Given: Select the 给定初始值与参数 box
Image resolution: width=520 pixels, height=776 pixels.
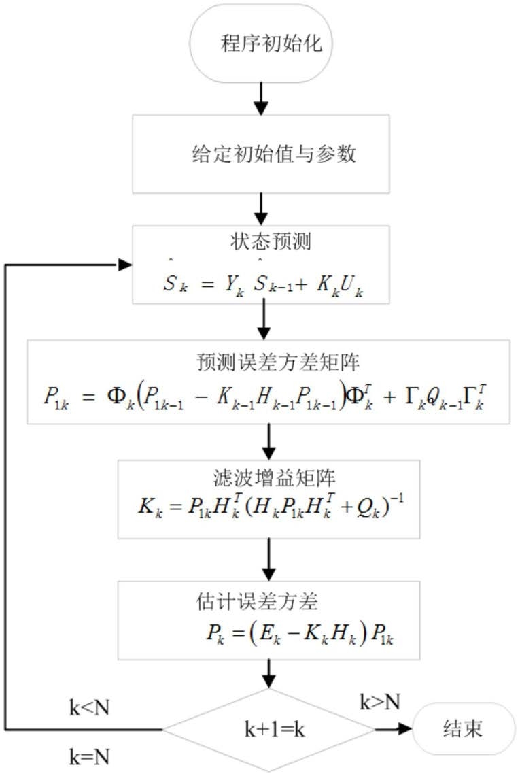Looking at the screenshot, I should pos(260,154).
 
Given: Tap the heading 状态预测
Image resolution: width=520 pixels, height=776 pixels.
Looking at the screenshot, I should pos(260,243).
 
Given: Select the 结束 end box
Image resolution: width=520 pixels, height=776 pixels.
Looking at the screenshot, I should pos(459,730).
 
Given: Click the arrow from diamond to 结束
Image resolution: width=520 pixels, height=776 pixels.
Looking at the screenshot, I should pos(393,730).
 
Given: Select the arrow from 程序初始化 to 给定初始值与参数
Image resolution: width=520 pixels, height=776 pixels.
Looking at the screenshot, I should pos(260,97).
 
